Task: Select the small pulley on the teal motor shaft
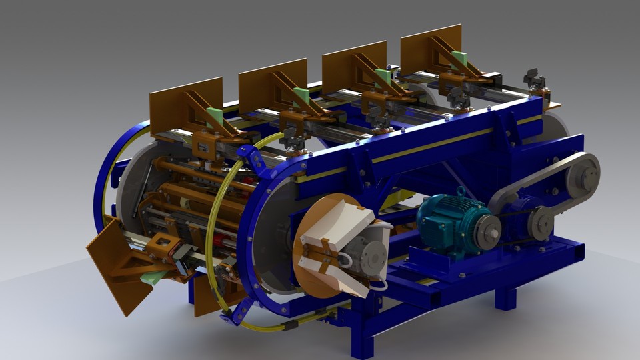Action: tap(491, 230)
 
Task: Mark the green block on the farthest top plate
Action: tap(458, 58)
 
